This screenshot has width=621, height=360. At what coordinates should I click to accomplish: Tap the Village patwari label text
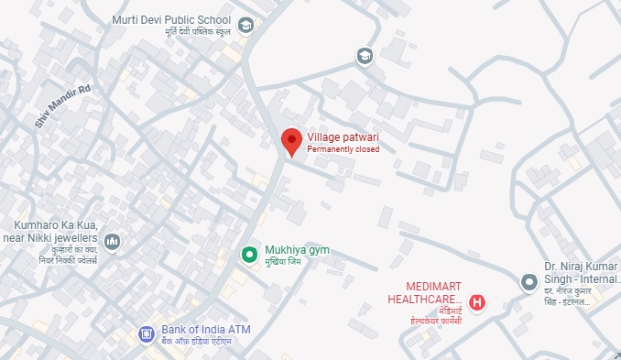[x=343, y=138]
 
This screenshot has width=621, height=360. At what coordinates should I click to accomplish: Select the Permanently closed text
[x=343, y=149]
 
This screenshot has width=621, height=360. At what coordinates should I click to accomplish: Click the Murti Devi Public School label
[x=171, y=20]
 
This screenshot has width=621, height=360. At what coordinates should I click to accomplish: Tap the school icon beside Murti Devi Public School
[x=245, y=26]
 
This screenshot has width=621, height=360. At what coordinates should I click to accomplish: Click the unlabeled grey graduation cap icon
[x=365, y=57]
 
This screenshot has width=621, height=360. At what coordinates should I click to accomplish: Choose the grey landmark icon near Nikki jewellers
[x=113, y=242]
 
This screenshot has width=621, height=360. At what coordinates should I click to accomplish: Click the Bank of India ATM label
[x=205, y=330]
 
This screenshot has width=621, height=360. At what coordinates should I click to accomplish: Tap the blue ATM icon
[x=146, y=334]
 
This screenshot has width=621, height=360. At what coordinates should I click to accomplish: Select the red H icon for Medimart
[x=476, y=302]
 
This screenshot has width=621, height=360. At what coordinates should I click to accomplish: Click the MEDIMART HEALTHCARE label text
[x=424, y=293]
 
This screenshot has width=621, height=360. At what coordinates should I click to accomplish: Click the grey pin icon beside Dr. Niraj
[x=528, y=282]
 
